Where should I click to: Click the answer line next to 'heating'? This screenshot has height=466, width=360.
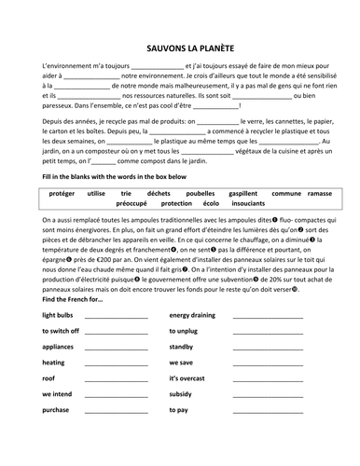[x=116, y=363]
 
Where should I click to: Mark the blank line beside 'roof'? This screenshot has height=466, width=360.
[x=116, y=379]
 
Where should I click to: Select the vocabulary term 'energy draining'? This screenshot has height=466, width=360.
[x=192, y=315]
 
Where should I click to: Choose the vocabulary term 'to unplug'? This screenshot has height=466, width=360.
[x=185, y=331]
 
